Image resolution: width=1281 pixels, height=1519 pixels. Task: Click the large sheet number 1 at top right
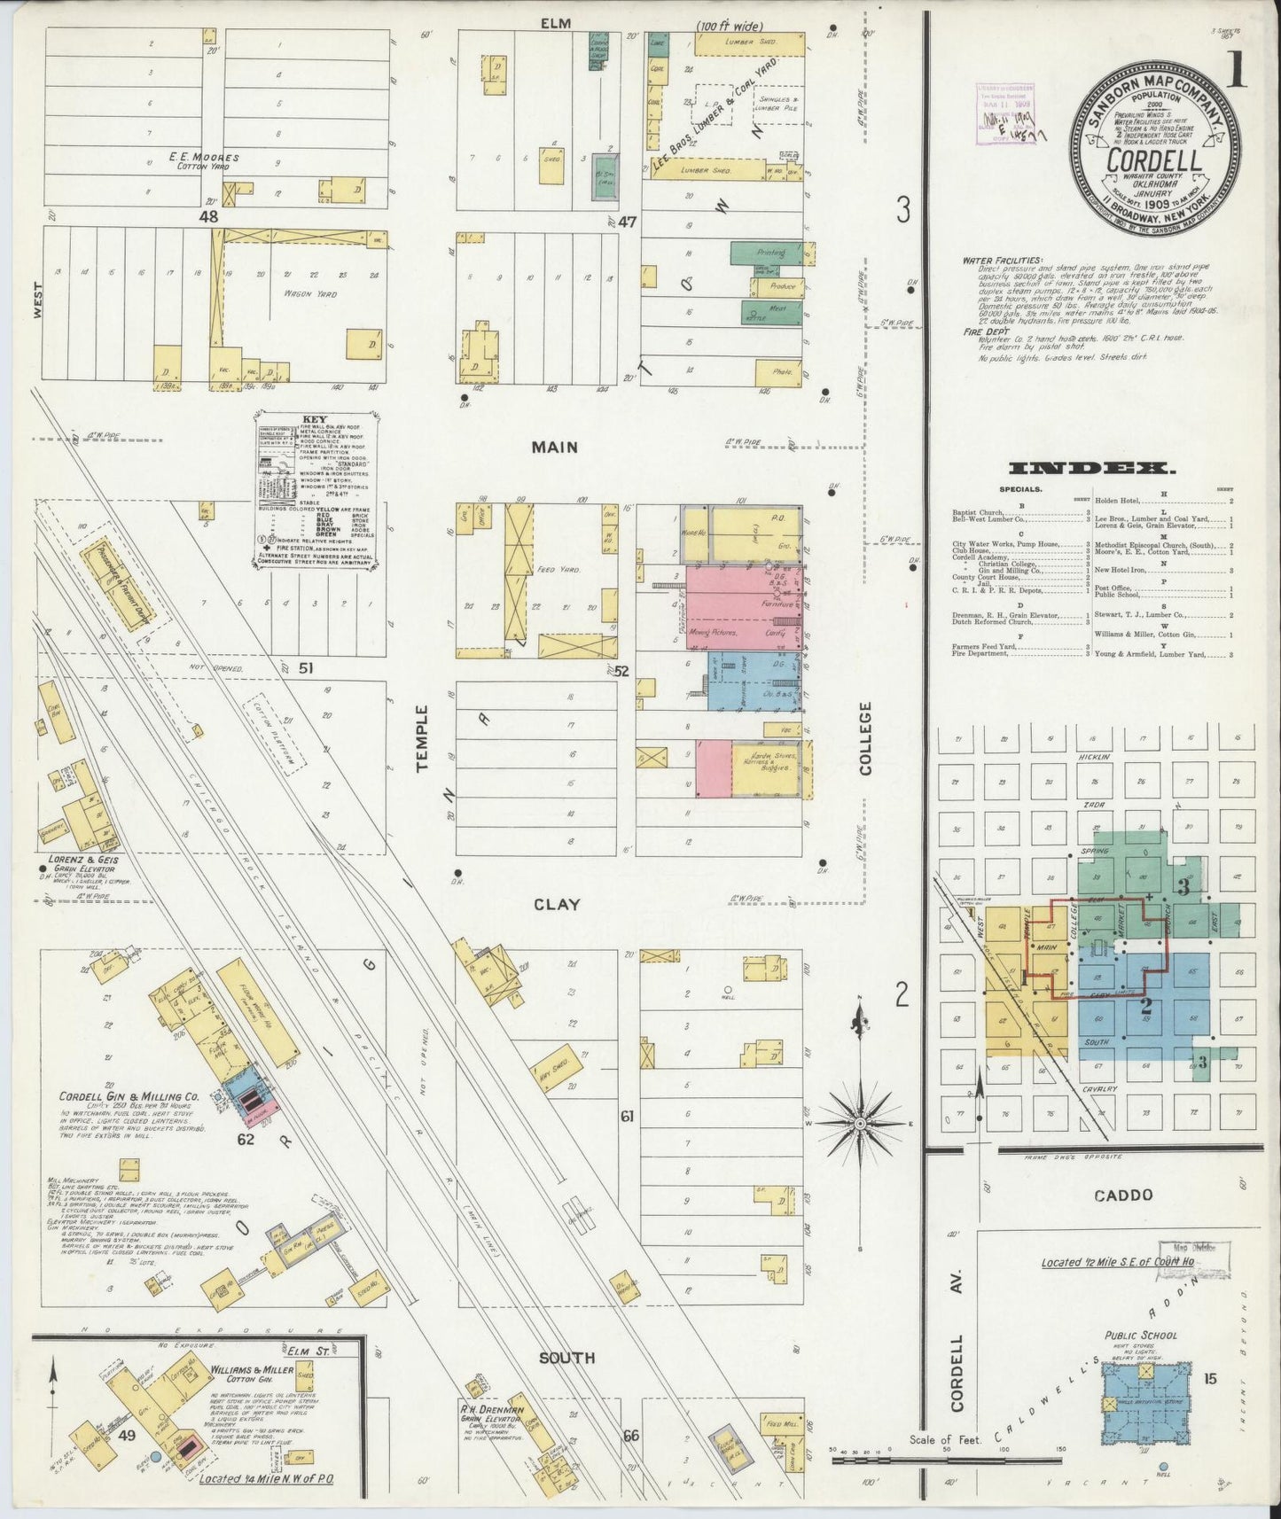[x=1236, y=68]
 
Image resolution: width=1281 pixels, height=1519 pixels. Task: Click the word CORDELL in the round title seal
[x=1153, y=160]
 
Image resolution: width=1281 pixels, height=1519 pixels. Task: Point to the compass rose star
[x=859, y=1123]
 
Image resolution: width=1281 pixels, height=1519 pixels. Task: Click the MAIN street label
[x=555, y=448]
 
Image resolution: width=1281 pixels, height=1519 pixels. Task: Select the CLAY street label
[x=557, y=905]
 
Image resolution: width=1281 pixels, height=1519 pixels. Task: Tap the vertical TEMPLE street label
[x=423, y=738]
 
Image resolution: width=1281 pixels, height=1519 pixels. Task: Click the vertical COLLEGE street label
[x=865, y=738]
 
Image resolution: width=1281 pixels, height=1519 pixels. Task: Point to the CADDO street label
[x=1123, y=1196]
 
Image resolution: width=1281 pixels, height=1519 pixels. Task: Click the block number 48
[x=208, y=215]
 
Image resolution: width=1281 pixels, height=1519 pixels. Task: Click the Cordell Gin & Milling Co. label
[x=129, y=1096]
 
